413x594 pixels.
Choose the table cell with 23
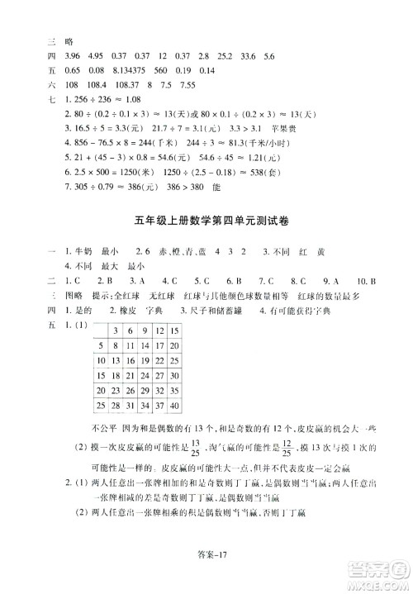(119, 391)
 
